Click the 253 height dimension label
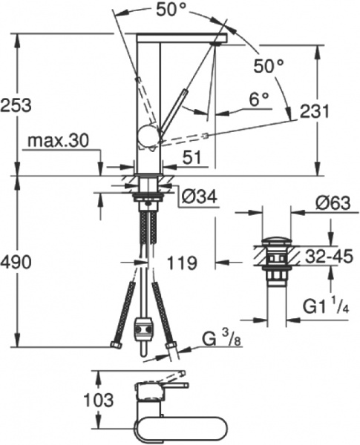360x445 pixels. point(16,105)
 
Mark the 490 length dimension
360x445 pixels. point(16,261)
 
